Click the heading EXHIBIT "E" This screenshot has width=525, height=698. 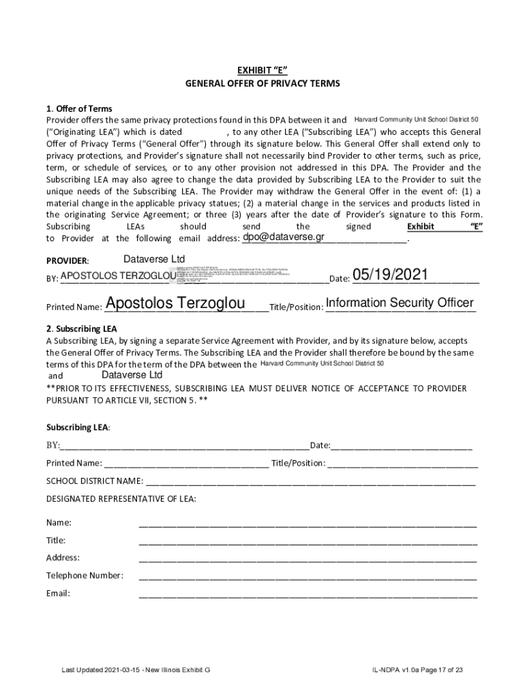click(x=262, y=70)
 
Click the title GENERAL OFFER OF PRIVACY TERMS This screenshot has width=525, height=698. click(x=262, y=83)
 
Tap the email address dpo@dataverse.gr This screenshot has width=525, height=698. click(x=283, y=237)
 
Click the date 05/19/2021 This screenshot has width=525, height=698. click(x=390, y=275)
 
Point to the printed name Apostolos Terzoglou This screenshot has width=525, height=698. click(x=175, y=303)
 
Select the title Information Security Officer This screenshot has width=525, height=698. click(x=400, y=303)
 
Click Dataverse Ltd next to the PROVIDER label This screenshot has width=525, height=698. click(x=154, y=259)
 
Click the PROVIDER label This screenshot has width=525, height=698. click(x=67, y=261)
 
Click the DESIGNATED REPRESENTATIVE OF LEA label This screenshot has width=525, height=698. click(x=121, y=499)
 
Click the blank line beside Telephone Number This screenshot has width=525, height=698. click(x=307, y=577)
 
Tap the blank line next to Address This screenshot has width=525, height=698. click(x=307, y=559)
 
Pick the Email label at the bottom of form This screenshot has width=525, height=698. click(x=58, y=593)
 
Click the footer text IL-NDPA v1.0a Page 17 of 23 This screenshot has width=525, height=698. click(x=413, y=670)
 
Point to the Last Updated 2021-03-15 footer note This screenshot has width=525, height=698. click(x=136, y=670)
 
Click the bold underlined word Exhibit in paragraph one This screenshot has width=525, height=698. click(x=420, y=226)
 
